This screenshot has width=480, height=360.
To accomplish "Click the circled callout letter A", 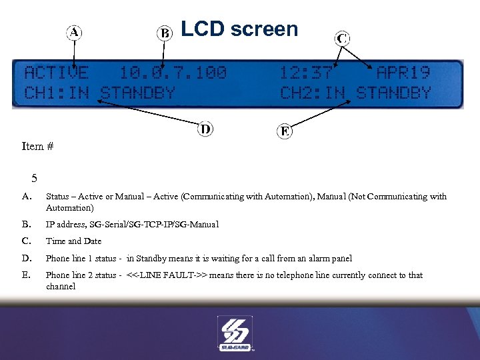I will [x=75, y=31].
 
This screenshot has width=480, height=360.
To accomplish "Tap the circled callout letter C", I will [x=342, y=39].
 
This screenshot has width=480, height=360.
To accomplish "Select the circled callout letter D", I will [x=205, y=129].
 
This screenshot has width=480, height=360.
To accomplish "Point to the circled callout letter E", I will [x=285, y=131].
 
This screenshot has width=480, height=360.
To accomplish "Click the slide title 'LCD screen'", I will [x=239, y=29].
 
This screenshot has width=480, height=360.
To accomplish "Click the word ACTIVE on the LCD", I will [x=56, y=72].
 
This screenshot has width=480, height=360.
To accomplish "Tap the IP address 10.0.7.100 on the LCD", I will [x=173, y=72].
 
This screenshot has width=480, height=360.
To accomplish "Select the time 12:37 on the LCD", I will [x=307, y=72].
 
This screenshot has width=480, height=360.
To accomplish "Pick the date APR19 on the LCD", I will [x=403, y=72].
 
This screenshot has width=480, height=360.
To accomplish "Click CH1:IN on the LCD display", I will [x=56, y=93].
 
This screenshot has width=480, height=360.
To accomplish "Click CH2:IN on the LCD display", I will [x=313, y=93].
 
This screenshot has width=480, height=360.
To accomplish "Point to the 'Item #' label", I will [x=38, y=146].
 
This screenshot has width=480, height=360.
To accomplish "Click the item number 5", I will [x=34, y=178].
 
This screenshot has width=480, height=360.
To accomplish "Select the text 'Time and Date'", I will [x=73, y=241].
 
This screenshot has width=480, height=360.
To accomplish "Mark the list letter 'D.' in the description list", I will [x=27, y=258].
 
